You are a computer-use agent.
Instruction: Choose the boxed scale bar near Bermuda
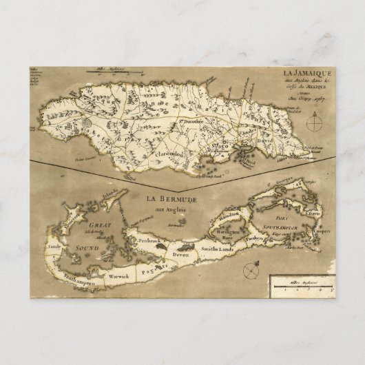[x=301, y=283]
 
